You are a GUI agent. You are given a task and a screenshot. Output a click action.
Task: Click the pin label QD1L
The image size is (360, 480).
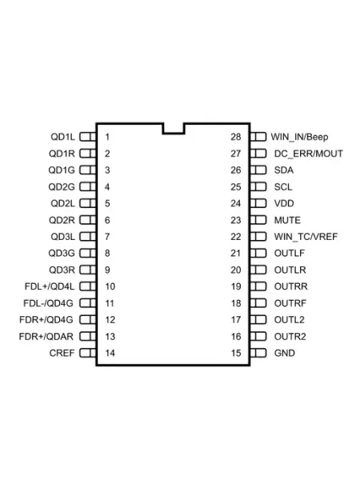pyautogui.click(x=62, y=137)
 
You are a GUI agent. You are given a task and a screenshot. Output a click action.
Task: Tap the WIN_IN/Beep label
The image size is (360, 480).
pyautogui.click(x=299, y=137)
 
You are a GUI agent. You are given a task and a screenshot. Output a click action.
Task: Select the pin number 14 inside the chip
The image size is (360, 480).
pyautogui.click(x=110, y=353)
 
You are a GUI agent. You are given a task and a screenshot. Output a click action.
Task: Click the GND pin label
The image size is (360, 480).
pyautogui.click(x=284, y=353)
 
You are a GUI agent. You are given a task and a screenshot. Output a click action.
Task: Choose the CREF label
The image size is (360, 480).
pyautogui.click(x=62, y=353)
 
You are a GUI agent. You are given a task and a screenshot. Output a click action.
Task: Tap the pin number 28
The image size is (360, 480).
pyautogui.click(x=236, y=137)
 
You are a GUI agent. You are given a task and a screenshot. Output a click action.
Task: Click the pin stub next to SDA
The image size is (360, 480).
pyautogui.click(x=258, y=170)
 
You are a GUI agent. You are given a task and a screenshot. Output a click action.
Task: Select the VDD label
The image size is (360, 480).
pyautogui.click(x=284, y=203)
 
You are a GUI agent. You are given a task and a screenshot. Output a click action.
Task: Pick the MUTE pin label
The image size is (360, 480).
pyautogui.click(x=287, y=220)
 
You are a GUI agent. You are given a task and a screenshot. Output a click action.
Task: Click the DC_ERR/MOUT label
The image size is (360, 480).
pyautogui.click(x=309, y=154)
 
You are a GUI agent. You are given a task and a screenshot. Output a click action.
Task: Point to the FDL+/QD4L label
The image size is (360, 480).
pyautogui.click(x=50, y=286)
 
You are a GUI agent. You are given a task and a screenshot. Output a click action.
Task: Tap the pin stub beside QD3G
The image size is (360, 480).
pyautogui.click(x=88, y=253)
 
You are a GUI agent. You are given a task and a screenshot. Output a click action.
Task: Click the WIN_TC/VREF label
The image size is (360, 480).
pyautogui.click(x=306, y=237)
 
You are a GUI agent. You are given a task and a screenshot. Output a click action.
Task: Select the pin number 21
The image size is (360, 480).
pyautogui.click(x=236, y=253)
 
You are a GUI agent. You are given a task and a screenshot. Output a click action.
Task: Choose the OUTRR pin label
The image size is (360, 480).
pyautogui.click(x=291, y=286)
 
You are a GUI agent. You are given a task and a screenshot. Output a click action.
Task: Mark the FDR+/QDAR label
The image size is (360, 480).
pyautogui.click(x=46, y=337)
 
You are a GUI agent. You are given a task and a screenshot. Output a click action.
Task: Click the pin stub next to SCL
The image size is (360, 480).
pyautogui.click(x=258, y=186)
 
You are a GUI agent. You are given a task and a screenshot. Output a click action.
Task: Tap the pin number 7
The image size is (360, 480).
pyautogui.click(x=107, y=237)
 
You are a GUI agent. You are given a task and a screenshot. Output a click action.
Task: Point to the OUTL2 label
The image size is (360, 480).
pyautogui.click(x=290, y=320)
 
